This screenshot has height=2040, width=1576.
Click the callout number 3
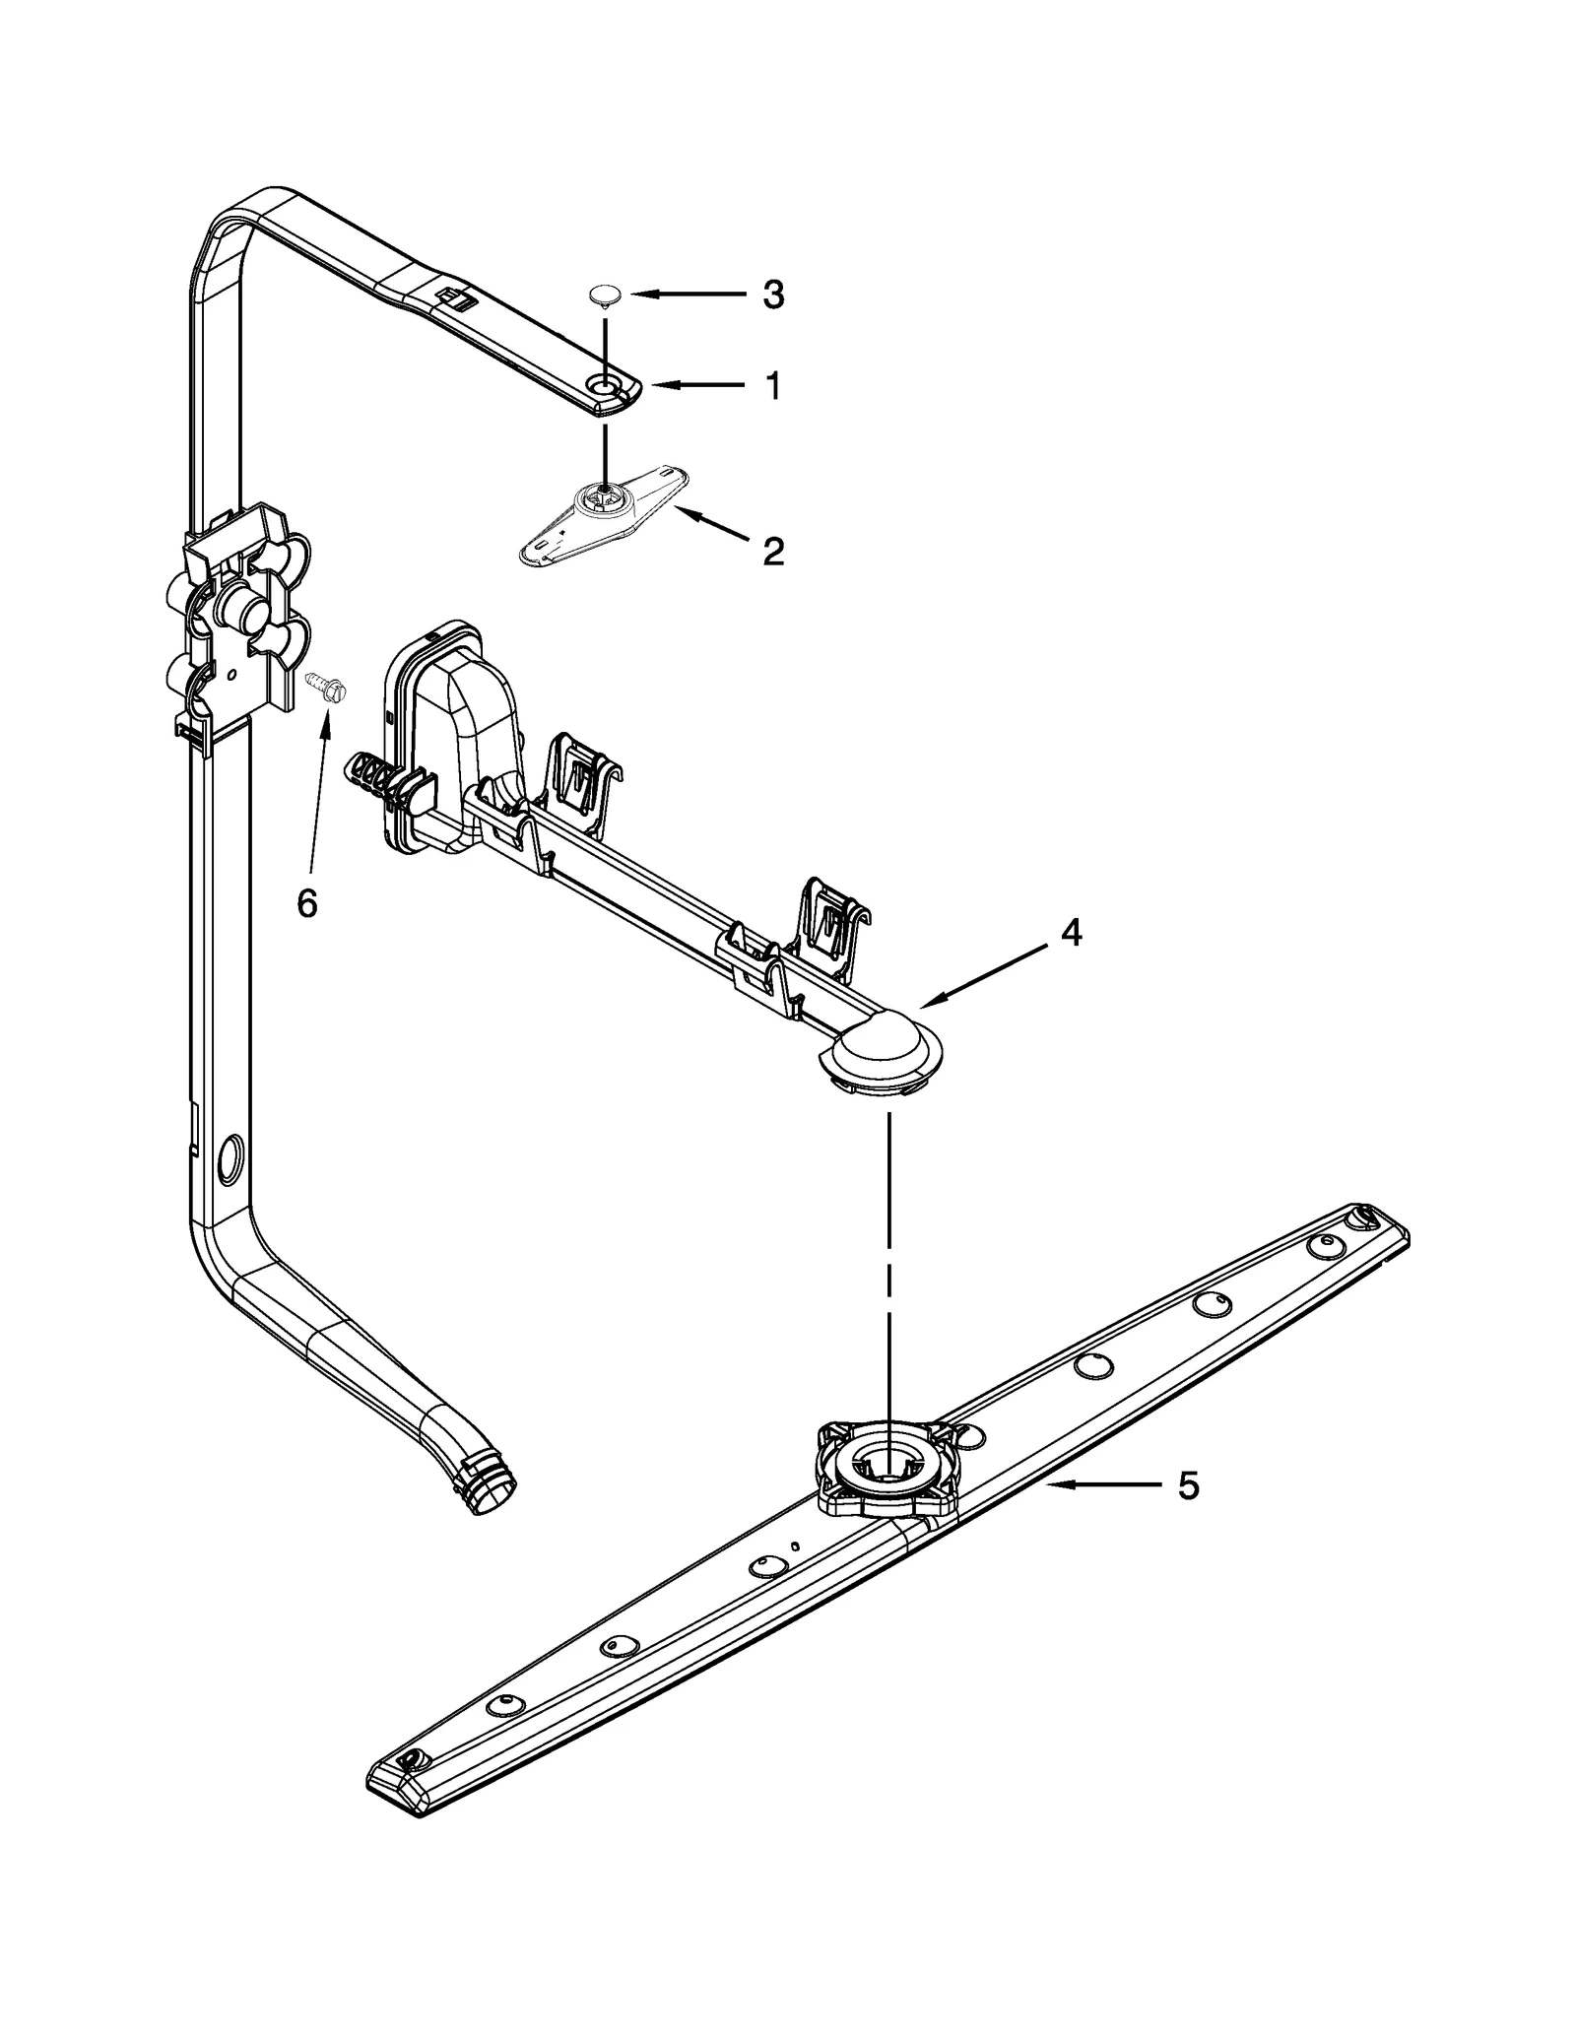pos(773,295)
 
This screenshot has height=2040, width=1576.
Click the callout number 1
pos(773,386)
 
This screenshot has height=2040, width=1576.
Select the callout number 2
pos(773,552)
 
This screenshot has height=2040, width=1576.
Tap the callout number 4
pos(1071,932)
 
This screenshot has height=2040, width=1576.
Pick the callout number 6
pos(307,902)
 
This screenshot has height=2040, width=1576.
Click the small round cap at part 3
pos(604,294)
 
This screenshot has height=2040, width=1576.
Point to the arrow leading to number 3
pos(689,294)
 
